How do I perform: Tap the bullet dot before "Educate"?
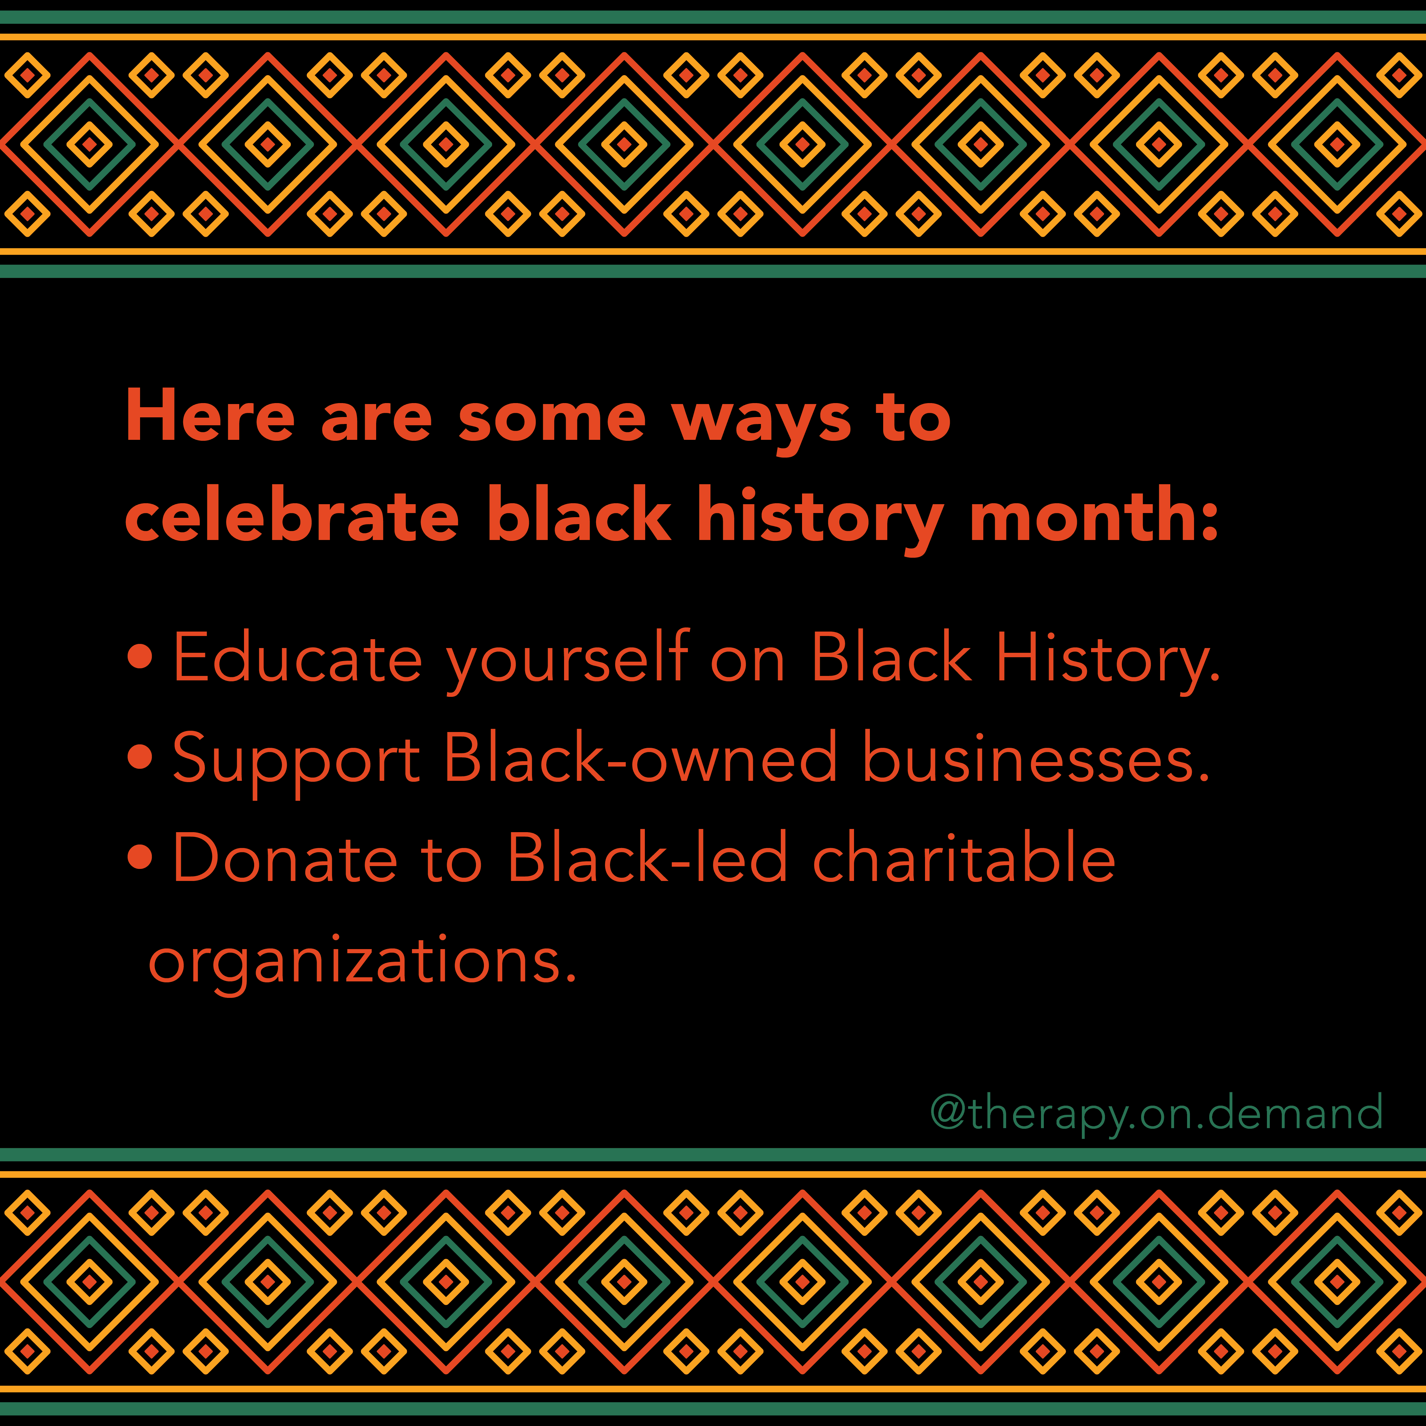point(140,657)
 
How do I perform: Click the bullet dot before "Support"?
point(140,756)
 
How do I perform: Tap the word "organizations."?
point(362,963)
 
